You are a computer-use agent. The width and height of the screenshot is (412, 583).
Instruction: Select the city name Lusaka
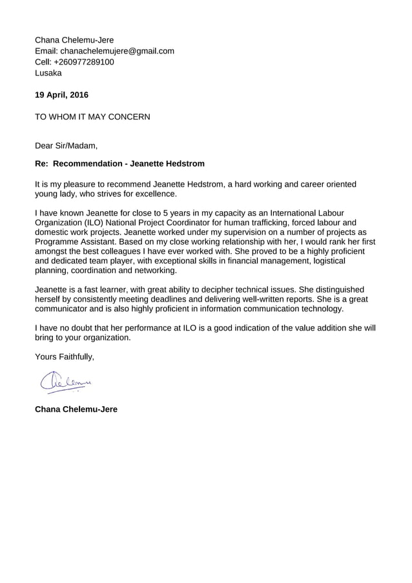48,73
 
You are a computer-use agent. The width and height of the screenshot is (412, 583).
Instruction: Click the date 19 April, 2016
61,95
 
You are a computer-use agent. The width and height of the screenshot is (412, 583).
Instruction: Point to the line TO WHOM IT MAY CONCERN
92,117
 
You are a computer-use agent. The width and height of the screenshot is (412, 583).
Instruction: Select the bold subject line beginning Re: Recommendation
119,164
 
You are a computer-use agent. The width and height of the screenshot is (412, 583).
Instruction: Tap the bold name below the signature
76,409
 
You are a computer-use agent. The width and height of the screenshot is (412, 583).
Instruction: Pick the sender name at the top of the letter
74,40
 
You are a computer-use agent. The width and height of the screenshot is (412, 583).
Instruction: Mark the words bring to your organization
83,338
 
